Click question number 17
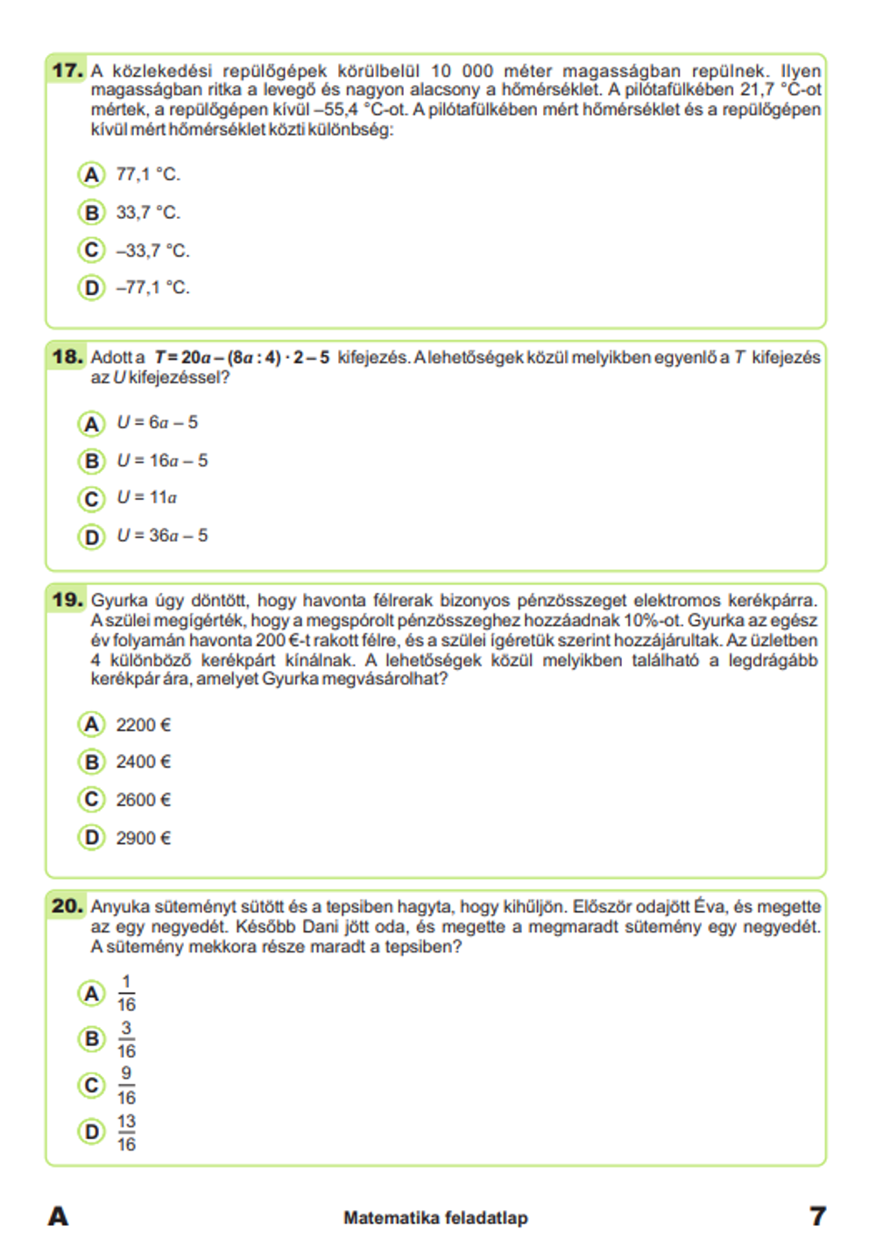tap(67, 70)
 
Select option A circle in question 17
tap(91, 174)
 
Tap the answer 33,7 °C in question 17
tap(147, 213)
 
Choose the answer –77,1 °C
tap(152, 288)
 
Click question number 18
tap(67, 356)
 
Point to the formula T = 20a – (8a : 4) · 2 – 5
tap(242, 357)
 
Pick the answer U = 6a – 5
tap(157, 423)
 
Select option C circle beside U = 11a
tap(91, 498)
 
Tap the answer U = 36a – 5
tap(162, 535)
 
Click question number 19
tap(67, 600)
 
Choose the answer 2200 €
tap(143, 725)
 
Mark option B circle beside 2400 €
tap(91, 762)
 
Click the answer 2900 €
tap(143, 838)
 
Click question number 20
tap(67, 906)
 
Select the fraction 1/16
tap(126, 994)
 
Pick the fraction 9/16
tap(126, 1086)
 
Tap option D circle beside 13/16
tap(91, 1132)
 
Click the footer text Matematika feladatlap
tap(435, 1217)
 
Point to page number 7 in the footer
tap(817, 1216)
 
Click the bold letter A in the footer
tap(58, 1216)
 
